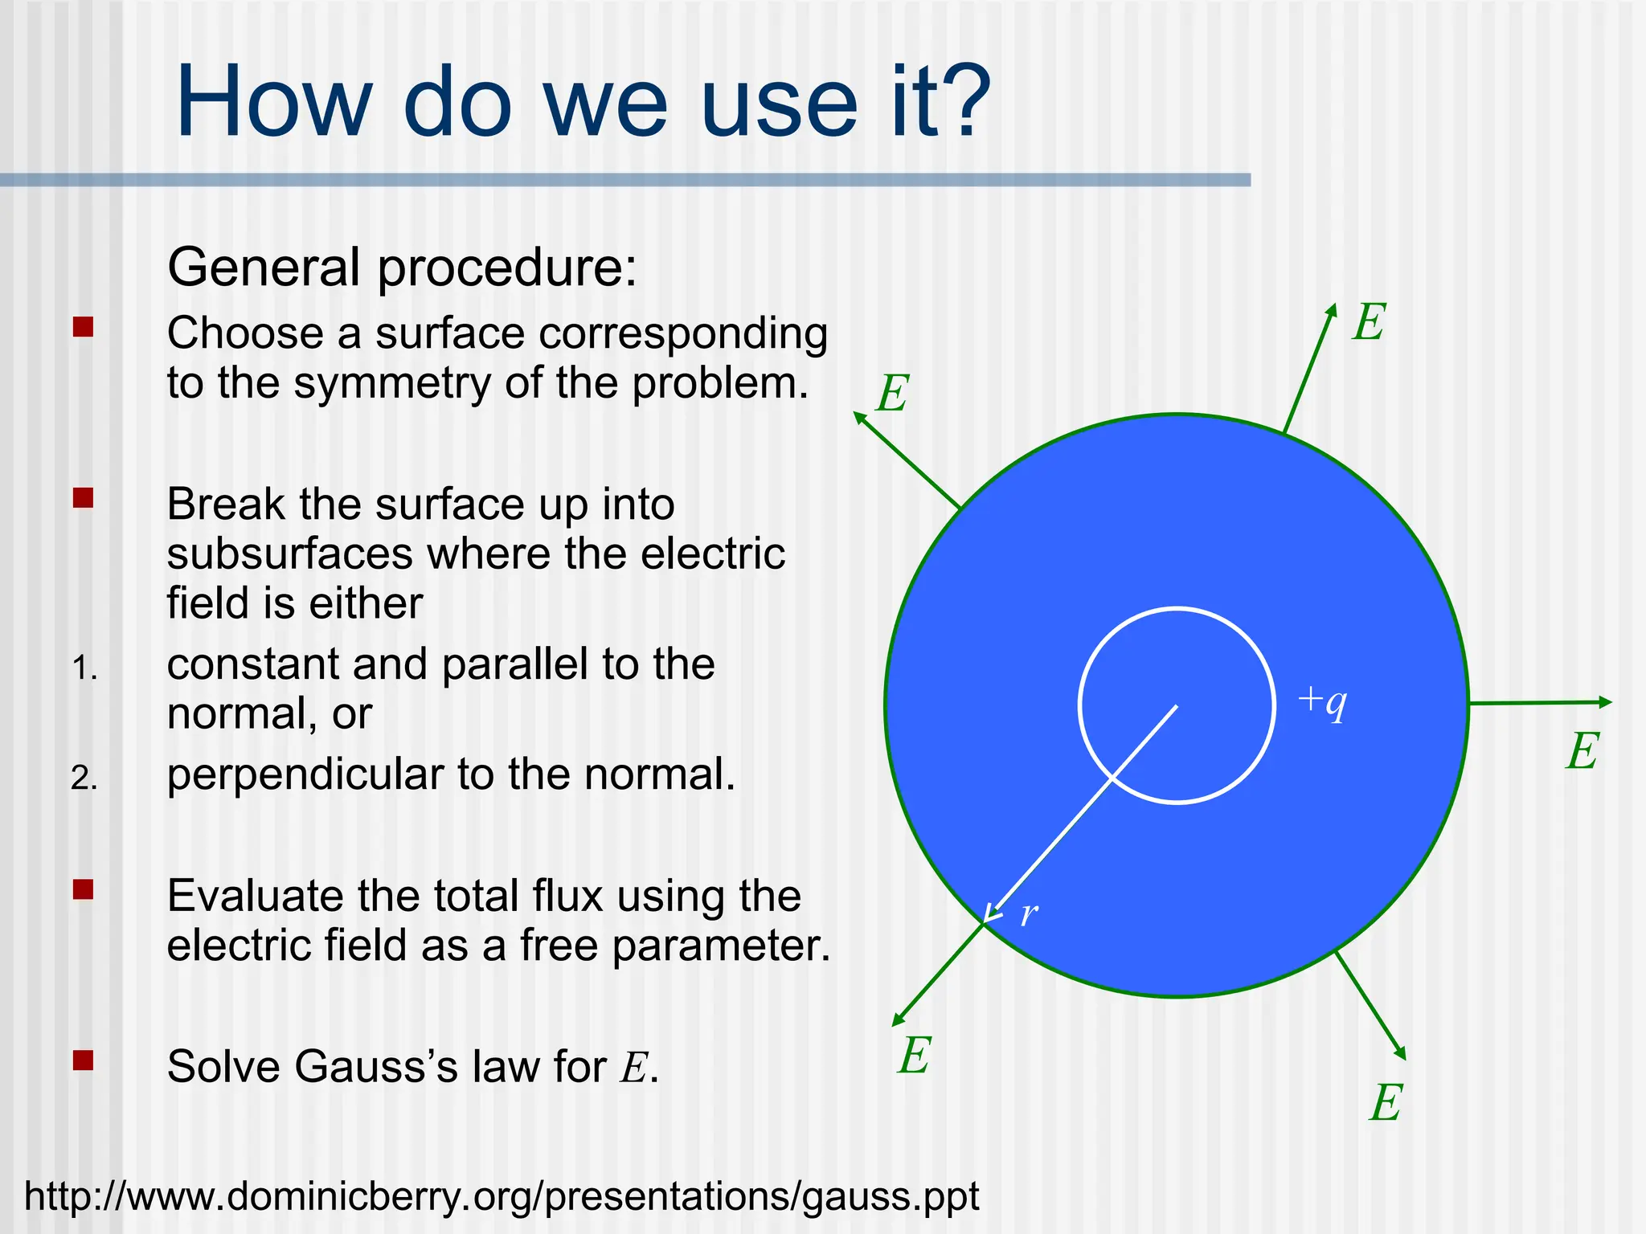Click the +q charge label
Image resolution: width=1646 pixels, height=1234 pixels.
(x=1322, y=701)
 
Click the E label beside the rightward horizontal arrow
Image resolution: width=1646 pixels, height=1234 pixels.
(x=1583, y=752)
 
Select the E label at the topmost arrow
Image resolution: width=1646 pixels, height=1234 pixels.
(x=1370, y=323)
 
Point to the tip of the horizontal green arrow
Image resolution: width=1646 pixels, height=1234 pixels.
(x=1610, y=702)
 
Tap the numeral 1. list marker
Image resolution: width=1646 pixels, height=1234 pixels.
(x=84, y=668)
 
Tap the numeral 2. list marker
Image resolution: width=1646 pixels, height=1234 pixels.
(x=84, y=778)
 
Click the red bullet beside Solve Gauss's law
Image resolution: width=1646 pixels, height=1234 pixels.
(x=83, y=1060)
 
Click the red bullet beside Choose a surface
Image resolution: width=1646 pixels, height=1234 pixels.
(x=83, y=327)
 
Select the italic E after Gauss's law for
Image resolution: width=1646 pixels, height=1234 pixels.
(x=633, y=1069)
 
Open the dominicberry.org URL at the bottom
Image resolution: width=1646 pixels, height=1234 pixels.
(x=502, y=1196)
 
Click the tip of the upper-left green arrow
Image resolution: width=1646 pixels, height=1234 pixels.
(x=856, y=415)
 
